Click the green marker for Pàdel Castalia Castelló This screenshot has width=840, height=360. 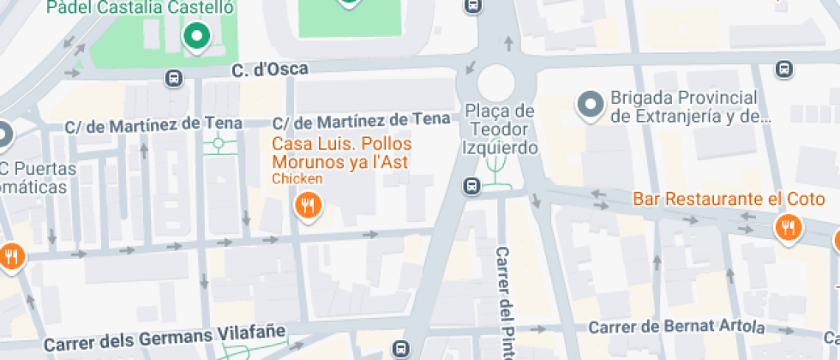coord(197,36)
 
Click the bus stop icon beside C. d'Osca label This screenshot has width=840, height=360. coord(174,78)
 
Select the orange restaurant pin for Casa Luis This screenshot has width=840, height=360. coord(308,205)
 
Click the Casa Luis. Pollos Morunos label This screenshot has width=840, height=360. coord(341,153)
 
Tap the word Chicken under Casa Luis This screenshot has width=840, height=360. coord(297,179)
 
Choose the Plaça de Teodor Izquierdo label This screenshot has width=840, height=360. coord(501,129)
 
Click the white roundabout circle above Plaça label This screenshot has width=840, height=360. coord(495,82)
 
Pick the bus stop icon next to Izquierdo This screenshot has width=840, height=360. coord(471,185)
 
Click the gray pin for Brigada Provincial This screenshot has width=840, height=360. coord(590,105)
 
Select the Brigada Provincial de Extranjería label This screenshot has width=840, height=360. coord(684,107)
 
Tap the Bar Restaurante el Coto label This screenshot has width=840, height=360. coord(729,200)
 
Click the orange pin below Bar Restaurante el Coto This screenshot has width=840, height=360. coord(786,227)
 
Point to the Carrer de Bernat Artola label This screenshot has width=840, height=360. coord(677,327)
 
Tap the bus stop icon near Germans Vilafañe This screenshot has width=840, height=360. coord(400,348)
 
